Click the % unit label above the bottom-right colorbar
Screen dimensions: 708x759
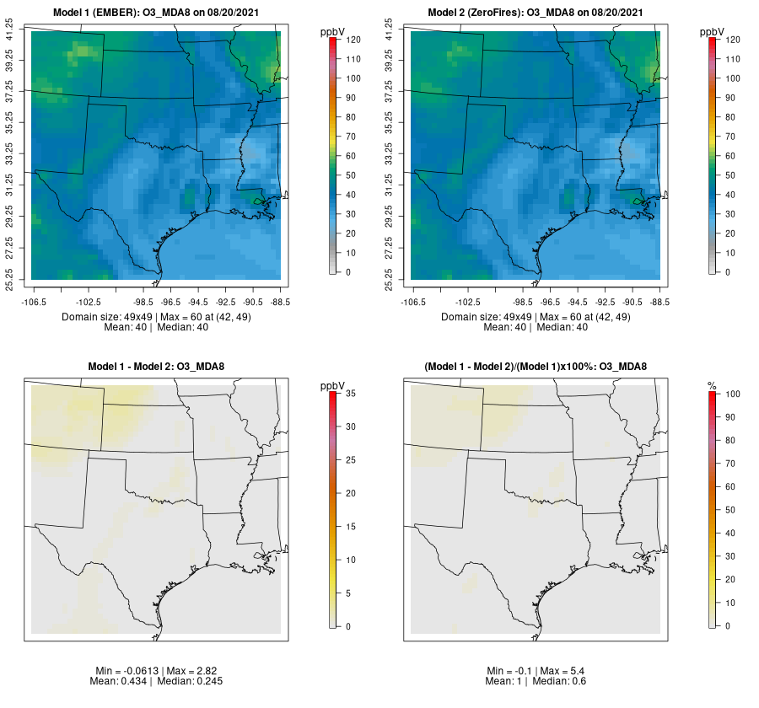pyautogui.click(x=712, y=385)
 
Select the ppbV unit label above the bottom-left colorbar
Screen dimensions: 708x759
pyautogui.click(x=332, y=385)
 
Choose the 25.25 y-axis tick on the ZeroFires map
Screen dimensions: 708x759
pyautogui.click(x=390, y=277)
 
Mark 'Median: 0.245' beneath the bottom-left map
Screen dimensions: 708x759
pyautogui.click(x=192, y=681)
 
